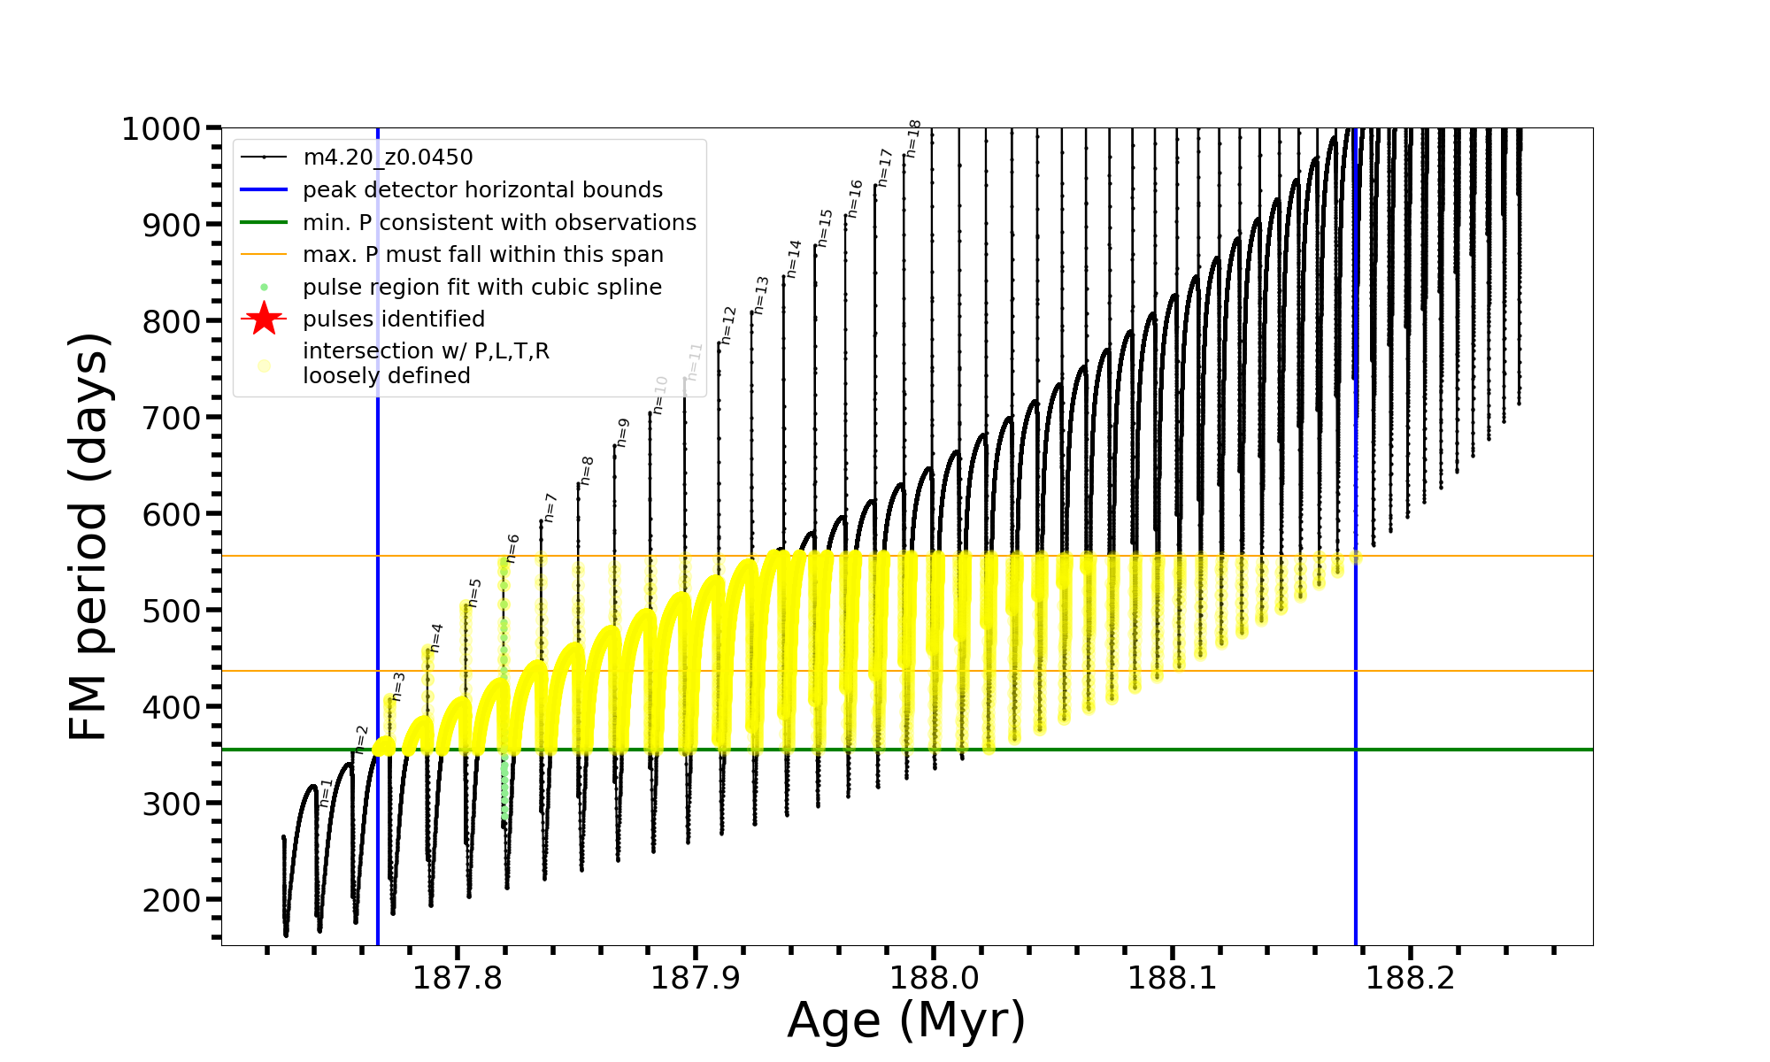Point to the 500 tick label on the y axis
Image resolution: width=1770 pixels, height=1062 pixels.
(x=172, y=611)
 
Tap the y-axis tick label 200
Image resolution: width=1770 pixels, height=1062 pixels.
(x=172, y=900)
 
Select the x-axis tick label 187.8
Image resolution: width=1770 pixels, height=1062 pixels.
(x=457, y=978)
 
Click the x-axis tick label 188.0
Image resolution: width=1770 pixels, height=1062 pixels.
(x=934, y=978)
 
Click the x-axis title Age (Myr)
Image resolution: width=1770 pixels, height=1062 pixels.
(x=906, y=1020)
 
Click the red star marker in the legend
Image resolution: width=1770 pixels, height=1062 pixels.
(x=264, y=319)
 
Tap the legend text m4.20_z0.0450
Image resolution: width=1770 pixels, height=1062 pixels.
(x=388, y=158)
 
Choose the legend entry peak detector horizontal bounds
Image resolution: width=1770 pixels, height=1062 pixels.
(x=482, y=190)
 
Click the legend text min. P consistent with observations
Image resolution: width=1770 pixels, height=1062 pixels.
(x=499, y=222)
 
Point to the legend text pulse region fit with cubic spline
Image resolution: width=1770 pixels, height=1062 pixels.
(x=481, y=288)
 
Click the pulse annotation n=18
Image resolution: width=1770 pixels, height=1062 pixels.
(x=914, y=139)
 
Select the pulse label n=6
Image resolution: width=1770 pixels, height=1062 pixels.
(x=512, y=549)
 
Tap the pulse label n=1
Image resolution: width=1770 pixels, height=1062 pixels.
(x=326, y=792)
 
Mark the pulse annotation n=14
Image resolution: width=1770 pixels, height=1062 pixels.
(x=794, y=258)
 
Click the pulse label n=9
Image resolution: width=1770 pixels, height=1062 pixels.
(x=623, y=433)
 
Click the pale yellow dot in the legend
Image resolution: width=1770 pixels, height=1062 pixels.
(x=264, y=365)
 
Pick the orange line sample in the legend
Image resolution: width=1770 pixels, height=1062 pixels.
(x=264, y=255)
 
